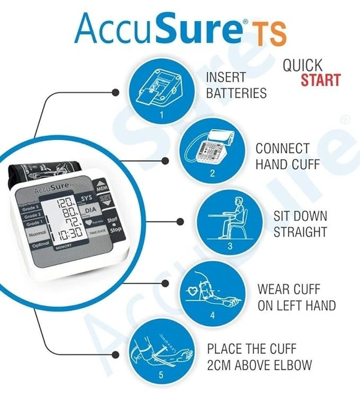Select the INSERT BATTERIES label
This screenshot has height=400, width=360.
236,86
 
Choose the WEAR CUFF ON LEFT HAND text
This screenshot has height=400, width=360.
296,297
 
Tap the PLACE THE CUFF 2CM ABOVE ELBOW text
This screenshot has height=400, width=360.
259,356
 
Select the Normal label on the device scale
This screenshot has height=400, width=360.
37,233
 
